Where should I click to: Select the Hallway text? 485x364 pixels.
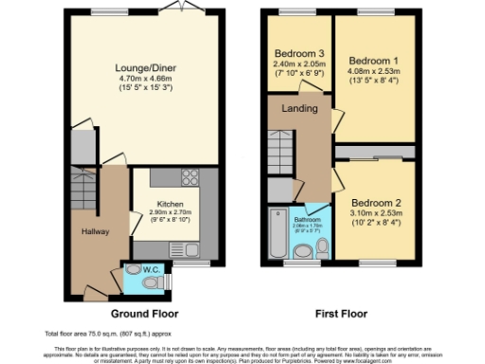(96, 231)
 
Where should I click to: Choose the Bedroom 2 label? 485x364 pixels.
(377, 203)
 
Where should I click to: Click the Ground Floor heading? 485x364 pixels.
(144, 313)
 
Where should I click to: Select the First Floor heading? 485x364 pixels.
(339, 313)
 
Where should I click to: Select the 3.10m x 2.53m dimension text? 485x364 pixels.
(377, 213)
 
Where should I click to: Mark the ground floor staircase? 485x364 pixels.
(81, 194)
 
